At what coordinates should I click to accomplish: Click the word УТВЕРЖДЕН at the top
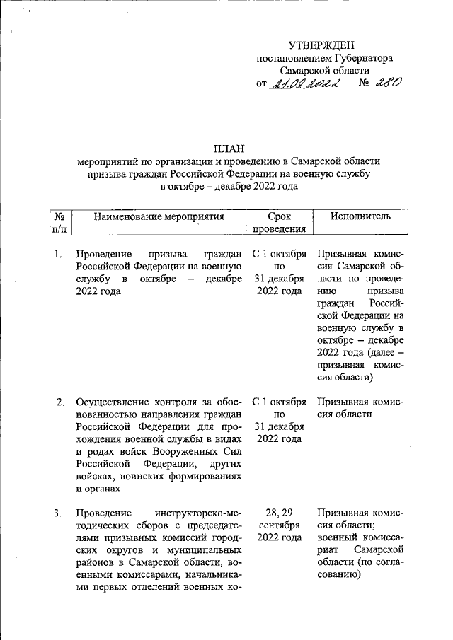point(323,45)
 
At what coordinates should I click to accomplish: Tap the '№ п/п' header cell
point(59,222)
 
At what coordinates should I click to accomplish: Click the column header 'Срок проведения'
point(280,222)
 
